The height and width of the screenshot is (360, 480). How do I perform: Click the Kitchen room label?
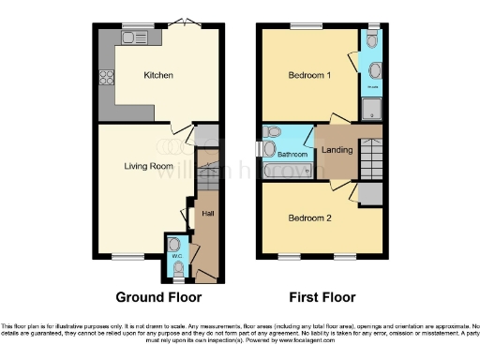pyautogui.click(x=158, y=76)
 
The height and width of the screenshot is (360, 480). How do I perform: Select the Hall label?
pyautogui.click(x=207, y=213)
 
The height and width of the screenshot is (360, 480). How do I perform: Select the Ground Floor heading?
pyautogui.click(x=158, y=297)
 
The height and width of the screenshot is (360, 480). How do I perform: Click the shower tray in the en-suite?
pyautogui.click(x=373, y=104)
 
